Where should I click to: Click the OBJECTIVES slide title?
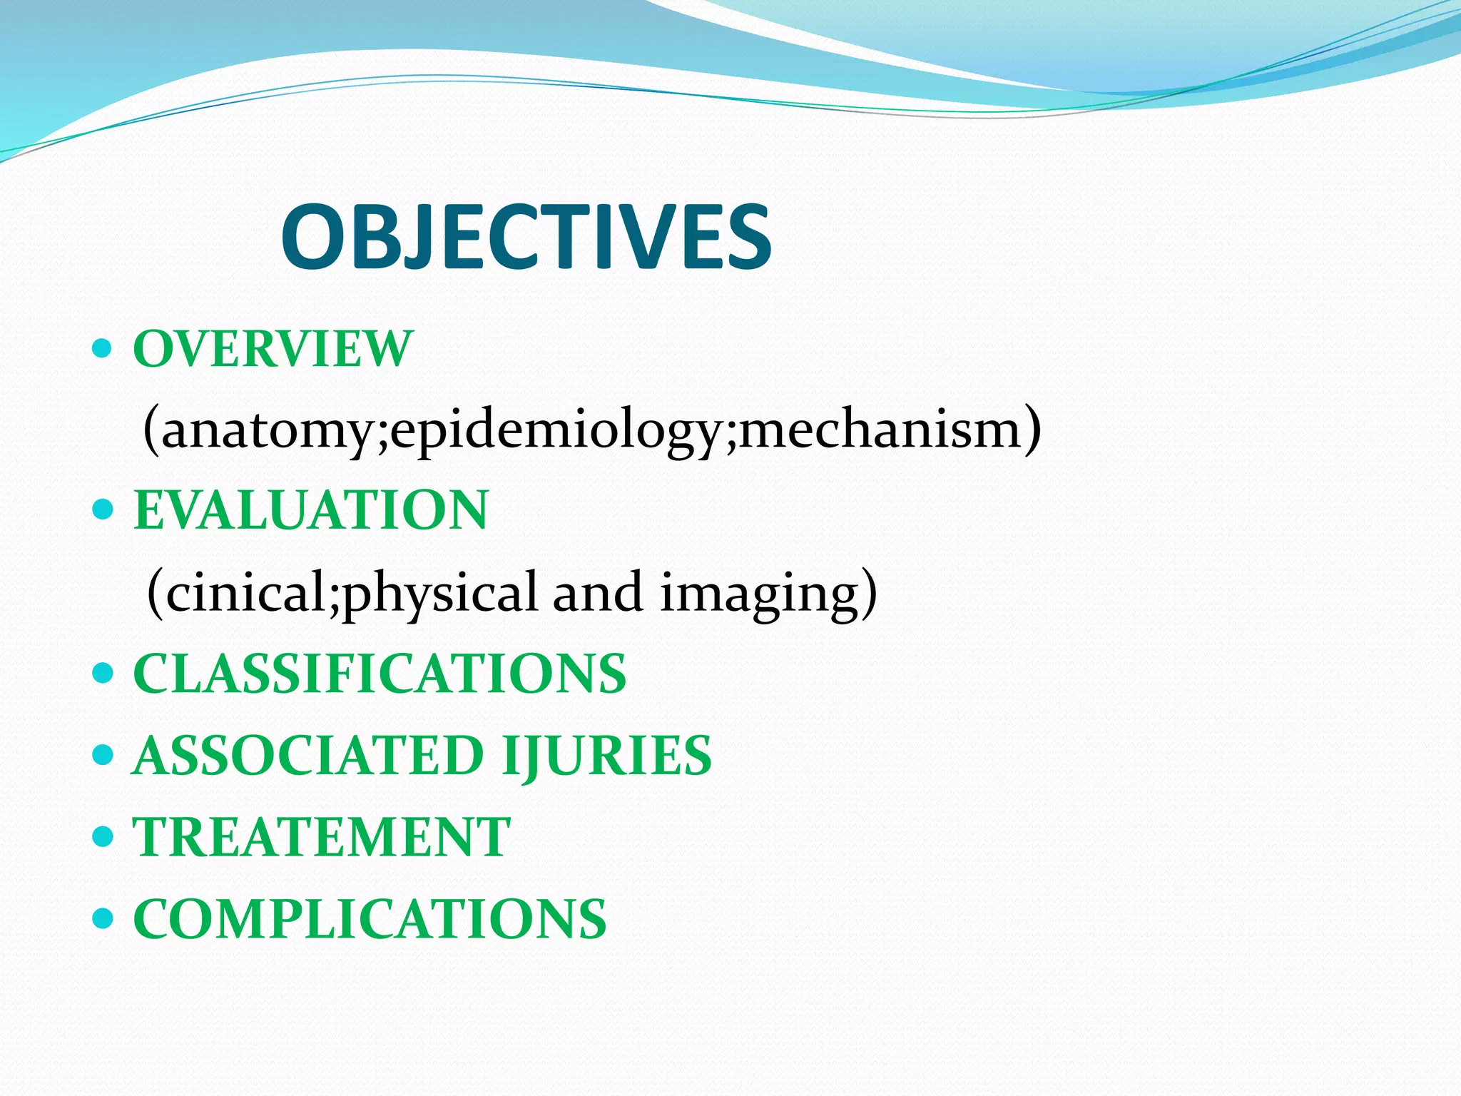(526, 237)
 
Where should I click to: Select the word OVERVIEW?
(273, 349)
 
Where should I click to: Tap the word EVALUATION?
(311, 510)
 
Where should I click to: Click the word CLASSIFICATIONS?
(380, 674)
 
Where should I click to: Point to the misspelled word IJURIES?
(606, 756)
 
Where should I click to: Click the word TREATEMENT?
(322, 837)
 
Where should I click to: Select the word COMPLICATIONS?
(370, 919)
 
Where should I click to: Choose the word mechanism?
(882, 430)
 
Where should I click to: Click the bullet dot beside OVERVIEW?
(103, 349)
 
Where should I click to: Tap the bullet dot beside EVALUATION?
(103, 510)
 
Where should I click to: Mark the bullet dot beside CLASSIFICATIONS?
(103, 674)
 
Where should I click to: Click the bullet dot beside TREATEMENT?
(103, 837)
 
